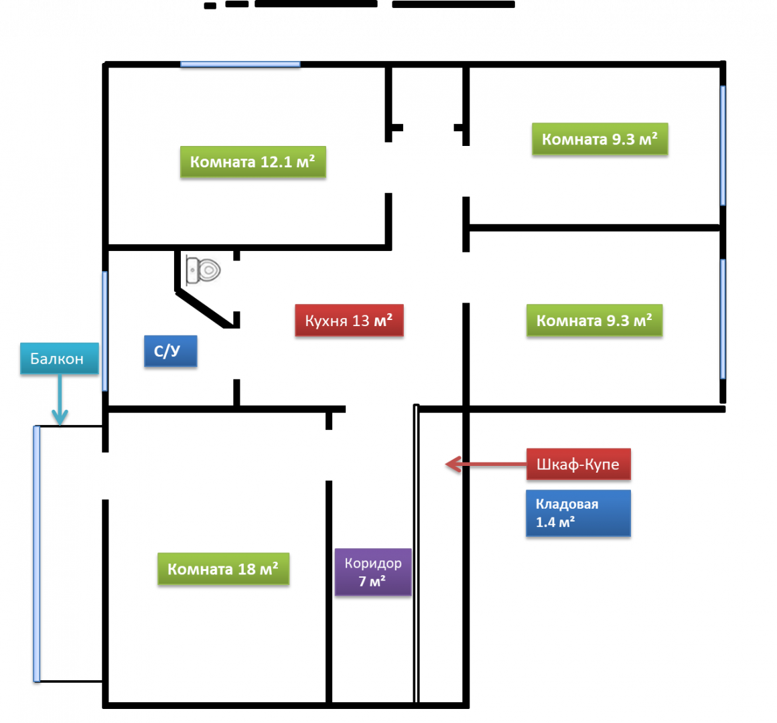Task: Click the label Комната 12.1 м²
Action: pyautogui.click(x=253, y=162)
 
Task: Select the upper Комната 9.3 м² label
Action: pyautogui.click(x=599, y=139)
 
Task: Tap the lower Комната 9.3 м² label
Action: pyautogui.click(x=594, y=321)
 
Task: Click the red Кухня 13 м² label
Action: pyautogui.click(x=349, y=321)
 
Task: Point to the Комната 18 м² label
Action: pyautogui.click(x=223, y=569)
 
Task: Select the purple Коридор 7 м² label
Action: pyautogui.click(x=373, y=572)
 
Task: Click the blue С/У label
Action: pyautogui.click(x=170, y=351)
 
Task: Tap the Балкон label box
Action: pyautogui.click(x=59, y=359)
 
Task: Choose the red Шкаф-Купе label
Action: pyautogui.click(x=578, y=464)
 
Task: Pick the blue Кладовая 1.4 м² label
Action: pyautogui.click(x=578, y=513)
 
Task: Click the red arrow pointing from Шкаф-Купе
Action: pyautogui.click(x=485, y=464)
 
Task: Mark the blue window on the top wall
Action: pyautogui.click(x=240, y=64)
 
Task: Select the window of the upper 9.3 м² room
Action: pyautogui.click(x=723, y=145)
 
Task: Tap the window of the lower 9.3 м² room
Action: pyautogui.click(x=723, y=319)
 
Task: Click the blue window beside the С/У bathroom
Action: pyautogui.click(x=104, y=331)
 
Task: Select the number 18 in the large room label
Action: pyautogui.click(x=247, y=569)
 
